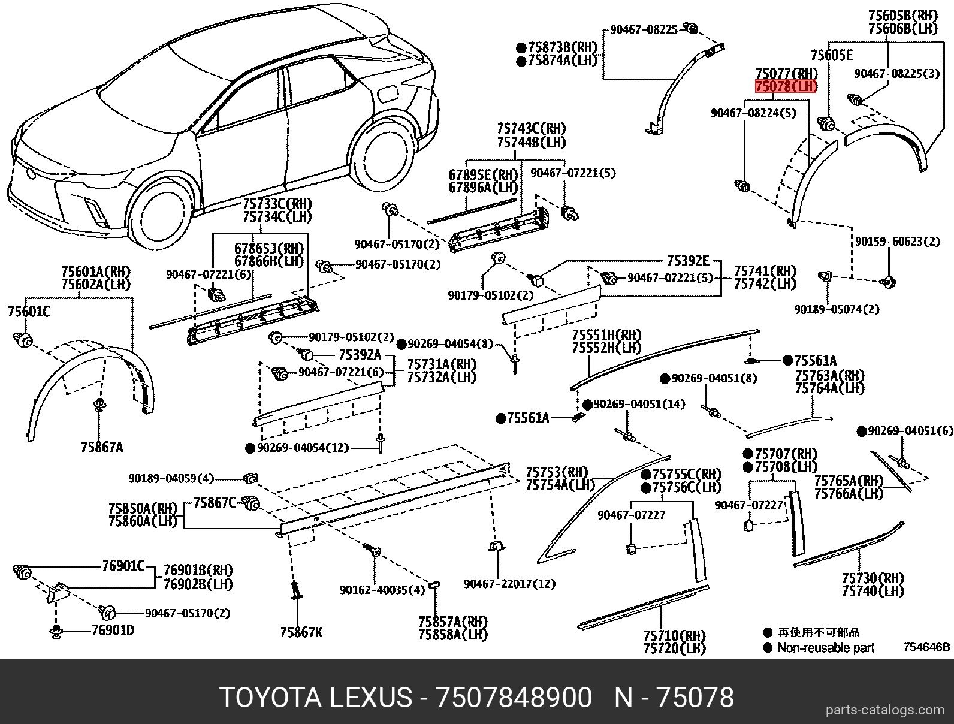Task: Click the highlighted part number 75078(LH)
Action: [786, 87]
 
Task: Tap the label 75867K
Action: [301, 632]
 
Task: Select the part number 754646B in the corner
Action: [927, 647]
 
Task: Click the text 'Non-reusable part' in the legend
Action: [825, 648]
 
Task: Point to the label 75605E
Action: [831, 55]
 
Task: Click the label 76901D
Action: [113, 631]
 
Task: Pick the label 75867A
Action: [102, 447]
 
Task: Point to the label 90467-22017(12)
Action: [509, 583]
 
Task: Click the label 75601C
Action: [29, 312]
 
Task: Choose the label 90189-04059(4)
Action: [171, 479]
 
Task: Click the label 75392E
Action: [687, 261]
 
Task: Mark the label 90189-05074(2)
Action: [837, 309]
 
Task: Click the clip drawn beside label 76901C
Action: [23, 571]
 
